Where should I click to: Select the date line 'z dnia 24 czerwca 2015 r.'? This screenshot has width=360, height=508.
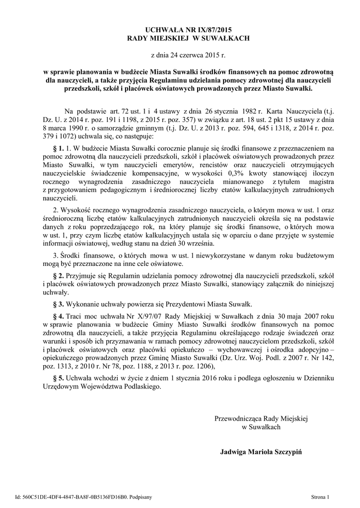pyautogui.click(x=180, y=57)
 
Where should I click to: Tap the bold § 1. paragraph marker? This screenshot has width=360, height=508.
pyautogui.click(x=58, y=148)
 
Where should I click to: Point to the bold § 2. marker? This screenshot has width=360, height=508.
pyautogui.click(x=58, y=275)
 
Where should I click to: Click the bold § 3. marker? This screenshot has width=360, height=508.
pyautogui.click(x=58, y=303)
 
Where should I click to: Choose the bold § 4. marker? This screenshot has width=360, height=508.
pyautogui.click(x=58, y=316)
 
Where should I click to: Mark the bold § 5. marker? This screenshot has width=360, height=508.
pyautogui.click(x=58, y=378)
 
